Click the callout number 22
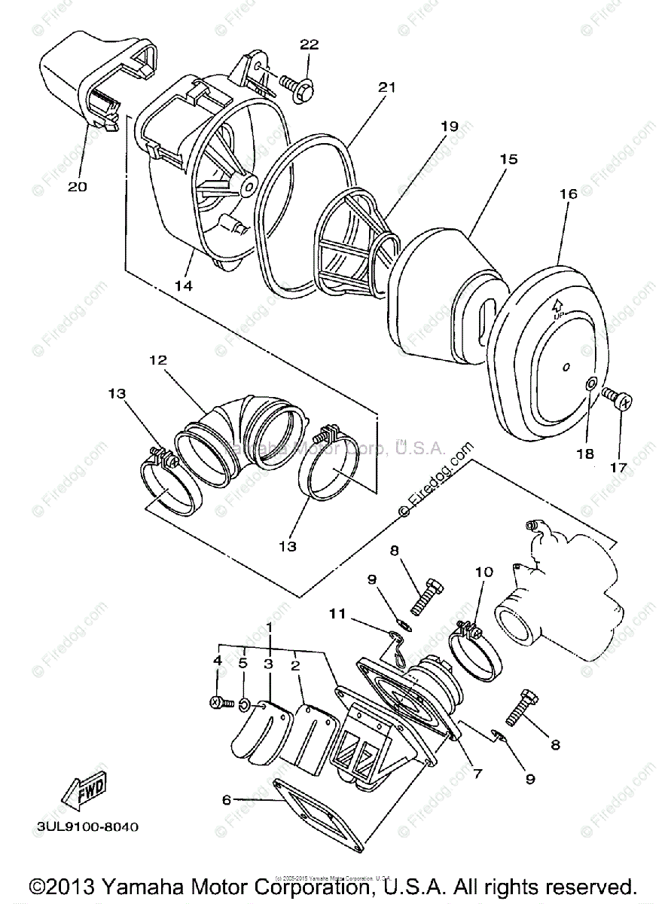(310, 44)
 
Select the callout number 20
(78, 186)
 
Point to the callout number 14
(184, 286)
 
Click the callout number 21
(386, 88)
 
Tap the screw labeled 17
(620, 399)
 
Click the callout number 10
(483, 572)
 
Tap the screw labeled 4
(215, 702)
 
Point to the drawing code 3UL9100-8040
(87, 826)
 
